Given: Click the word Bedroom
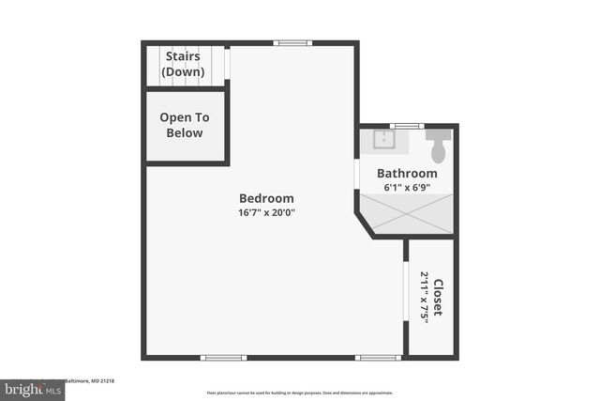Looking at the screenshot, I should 266,198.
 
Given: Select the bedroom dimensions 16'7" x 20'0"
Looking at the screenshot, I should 266,212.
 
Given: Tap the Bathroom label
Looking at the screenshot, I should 407,174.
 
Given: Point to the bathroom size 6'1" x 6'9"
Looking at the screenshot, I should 407,188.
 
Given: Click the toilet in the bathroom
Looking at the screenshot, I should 438,146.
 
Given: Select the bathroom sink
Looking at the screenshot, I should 382,141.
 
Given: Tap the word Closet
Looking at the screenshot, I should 437,298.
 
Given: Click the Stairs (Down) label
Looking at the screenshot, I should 184,65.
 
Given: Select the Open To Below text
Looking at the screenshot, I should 185,125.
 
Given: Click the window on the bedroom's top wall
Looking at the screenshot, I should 292,42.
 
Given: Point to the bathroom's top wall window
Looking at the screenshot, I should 406,126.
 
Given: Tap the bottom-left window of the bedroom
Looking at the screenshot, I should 224,357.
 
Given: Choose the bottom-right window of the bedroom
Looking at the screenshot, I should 379,357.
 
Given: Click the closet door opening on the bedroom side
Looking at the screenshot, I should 403,296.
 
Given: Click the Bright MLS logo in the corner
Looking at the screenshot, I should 32,388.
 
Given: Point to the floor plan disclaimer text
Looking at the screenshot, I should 299,393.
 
